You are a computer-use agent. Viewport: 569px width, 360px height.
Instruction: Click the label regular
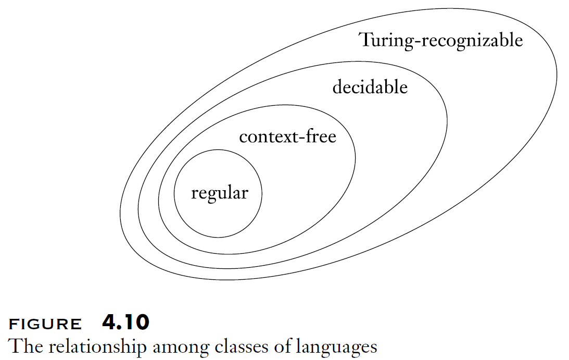click(220, 194)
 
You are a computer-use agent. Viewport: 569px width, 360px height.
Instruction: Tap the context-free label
click(287, 137)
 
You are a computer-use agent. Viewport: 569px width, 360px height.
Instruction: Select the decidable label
click(370, 87)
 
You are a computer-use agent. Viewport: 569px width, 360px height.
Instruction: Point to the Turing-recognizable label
click(441, 40)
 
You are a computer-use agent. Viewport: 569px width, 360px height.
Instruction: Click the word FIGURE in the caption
click(46, 325)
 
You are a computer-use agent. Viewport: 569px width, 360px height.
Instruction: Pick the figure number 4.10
click(125, 323)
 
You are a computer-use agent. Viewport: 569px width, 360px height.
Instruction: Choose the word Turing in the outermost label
click(385, 40)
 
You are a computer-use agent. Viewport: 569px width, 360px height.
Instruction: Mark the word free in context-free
click(320, 136)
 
